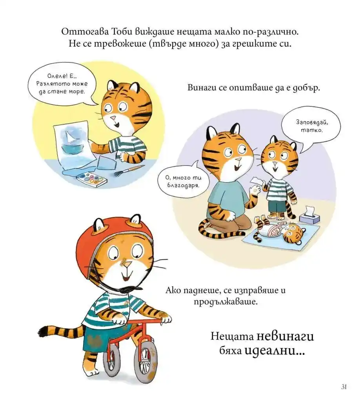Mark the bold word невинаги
(285, 336)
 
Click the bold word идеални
(275, 351)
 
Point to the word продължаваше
(225, 301)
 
